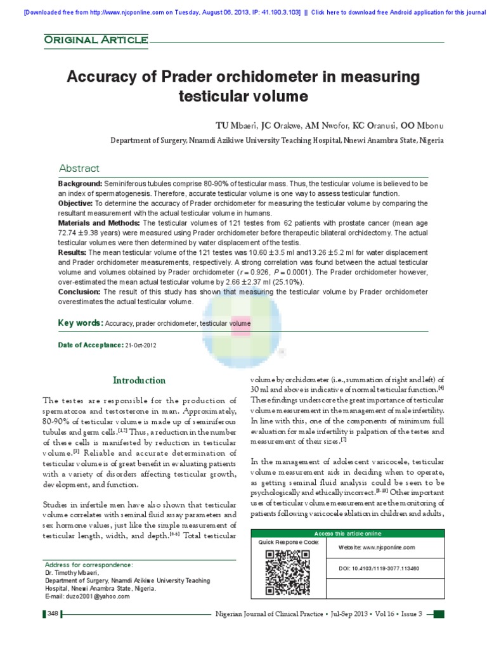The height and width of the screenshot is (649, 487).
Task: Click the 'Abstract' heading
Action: (x=79, y=168)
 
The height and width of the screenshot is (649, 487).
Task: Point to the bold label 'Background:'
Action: (x=81, y=183)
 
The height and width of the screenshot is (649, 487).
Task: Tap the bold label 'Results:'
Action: (x=72, y=252)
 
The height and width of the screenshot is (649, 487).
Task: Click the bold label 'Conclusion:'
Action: (x=80, y=292)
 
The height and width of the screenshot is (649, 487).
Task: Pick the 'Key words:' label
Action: (x=81, y=323)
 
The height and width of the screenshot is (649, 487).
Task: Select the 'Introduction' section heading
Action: (x=139, y=380)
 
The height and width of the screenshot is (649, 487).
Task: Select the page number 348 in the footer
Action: (x=52, y=614)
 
